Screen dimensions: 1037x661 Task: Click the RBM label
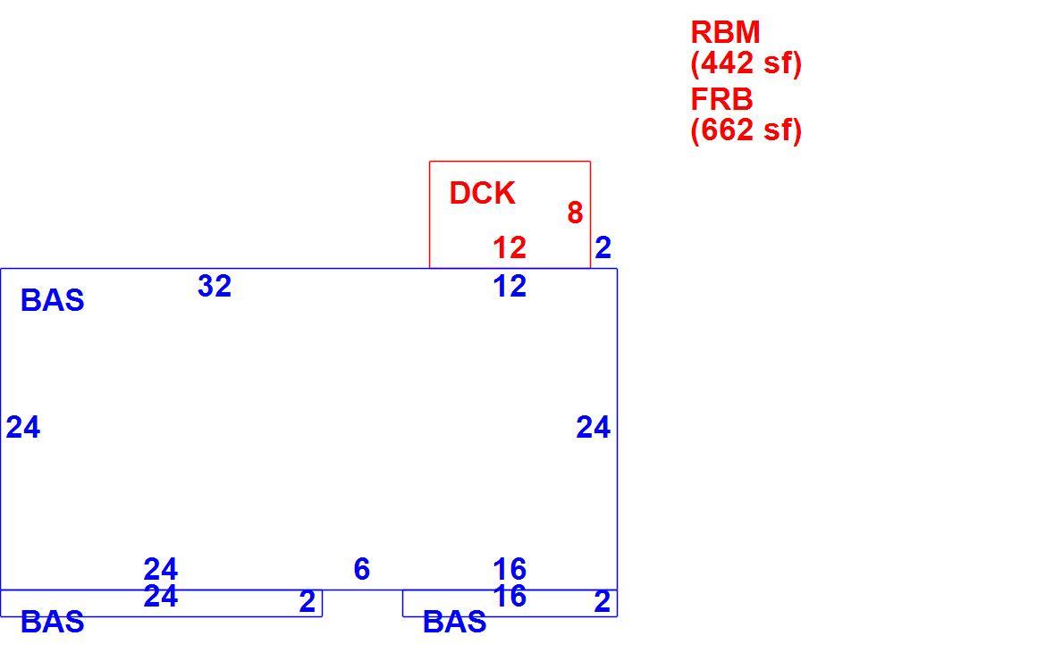[725, 32]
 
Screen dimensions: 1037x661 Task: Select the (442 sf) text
[746, 63]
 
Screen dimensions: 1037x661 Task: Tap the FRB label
[721, 100]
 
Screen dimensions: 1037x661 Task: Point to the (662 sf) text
[746, 130]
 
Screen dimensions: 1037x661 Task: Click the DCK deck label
[482, 194]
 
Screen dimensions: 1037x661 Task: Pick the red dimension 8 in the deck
[575, 213]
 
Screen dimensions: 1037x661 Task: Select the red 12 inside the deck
[510, 248]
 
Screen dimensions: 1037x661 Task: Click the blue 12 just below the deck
[510, 286]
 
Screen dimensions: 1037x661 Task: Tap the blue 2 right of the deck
[603, 248]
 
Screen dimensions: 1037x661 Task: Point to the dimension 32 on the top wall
[215, 286]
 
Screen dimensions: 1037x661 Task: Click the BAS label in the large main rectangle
[52, 301]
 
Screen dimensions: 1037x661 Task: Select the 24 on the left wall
[23, 428]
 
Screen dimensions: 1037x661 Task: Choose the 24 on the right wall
[594, 428]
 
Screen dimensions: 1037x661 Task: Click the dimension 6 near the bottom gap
[362, 569]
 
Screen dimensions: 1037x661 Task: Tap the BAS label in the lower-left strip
[52, 622]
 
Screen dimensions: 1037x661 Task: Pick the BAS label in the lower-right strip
[454, 622]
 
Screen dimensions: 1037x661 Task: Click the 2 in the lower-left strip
[307, 601]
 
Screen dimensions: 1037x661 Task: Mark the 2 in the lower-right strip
[602, 601]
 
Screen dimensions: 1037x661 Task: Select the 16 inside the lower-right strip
[510, 596]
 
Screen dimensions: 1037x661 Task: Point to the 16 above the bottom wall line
[510, 569]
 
